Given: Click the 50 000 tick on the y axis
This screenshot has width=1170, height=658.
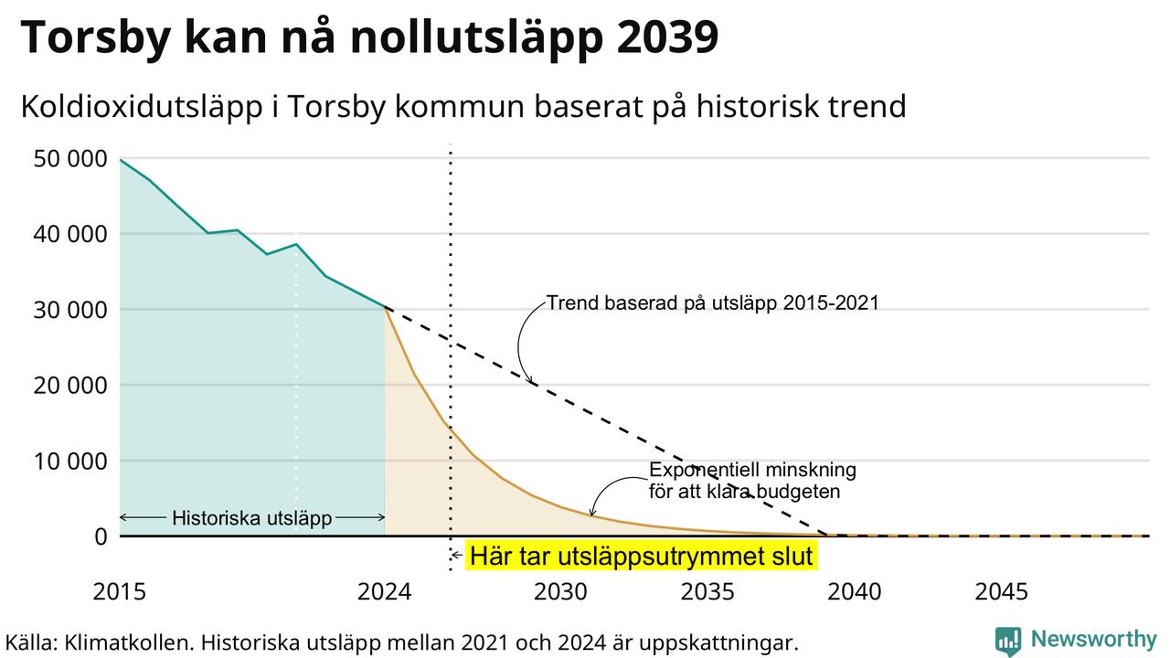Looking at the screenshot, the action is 70,159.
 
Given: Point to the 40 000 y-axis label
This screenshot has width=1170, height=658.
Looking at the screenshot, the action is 70,235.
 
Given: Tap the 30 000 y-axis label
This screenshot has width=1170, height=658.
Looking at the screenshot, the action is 70,310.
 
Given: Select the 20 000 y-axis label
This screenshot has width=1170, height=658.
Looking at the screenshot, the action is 70,386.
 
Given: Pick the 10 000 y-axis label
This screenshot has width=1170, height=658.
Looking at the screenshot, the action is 70,462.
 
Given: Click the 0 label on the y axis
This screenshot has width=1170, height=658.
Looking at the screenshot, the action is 101,536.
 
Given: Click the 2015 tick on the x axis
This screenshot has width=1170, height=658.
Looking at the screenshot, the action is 120,592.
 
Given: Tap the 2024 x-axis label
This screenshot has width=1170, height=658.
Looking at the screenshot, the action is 385,592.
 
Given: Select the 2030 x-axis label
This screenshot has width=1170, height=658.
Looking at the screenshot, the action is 560,592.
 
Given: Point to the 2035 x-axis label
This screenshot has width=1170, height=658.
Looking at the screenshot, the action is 707,592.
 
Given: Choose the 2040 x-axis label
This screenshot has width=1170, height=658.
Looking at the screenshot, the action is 855,592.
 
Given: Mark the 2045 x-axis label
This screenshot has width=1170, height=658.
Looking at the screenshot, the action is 1001,592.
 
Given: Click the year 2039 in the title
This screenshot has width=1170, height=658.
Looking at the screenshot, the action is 667,37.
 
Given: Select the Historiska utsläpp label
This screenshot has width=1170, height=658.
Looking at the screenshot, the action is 252,518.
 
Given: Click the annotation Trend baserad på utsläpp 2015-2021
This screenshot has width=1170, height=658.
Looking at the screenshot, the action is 712,303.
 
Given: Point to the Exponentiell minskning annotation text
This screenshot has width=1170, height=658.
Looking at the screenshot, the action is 752,481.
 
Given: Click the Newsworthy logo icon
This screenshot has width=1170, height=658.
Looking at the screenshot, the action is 1007,641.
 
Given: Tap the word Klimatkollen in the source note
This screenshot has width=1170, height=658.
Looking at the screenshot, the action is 128,642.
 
